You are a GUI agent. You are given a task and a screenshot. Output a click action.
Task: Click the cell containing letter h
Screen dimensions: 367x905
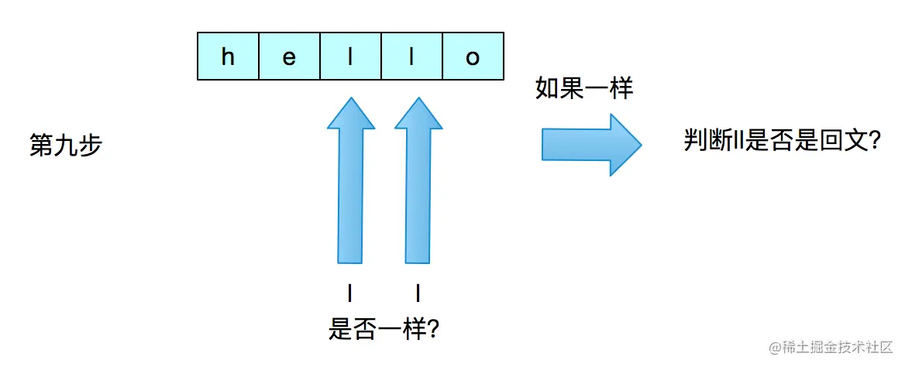[228, 57]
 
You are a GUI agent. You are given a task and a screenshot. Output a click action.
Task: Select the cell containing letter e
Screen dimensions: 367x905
[289, 57]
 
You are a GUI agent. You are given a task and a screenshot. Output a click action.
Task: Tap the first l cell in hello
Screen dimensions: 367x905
[350, 57]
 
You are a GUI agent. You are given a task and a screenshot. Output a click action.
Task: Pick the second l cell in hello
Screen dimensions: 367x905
[411, 57]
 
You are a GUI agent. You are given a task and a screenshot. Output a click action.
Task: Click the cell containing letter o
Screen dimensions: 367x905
[473, 57]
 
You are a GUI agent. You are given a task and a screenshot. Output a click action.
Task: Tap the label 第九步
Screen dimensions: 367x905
[65, 146]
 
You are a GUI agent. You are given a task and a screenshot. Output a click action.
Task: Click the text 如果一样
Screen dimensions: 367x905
[584, 88]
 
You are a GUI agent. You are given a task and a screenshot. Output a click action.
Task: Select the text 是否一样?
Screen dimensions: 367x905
[384, 331]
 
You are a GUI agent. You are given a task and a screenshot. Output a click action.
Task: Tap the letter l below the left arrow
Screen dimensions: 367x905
[350, 293]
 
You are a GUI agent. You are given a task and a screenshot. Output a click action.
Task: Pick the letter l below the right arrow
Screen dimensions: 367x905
[418, 293]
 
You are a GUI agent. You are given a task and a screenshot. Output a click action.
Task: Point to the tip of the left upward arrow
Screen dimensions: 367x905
[351, 101]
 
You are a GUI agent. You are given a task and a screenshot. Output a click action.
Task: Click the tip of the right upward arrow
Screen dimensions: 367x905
[418, 101]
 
